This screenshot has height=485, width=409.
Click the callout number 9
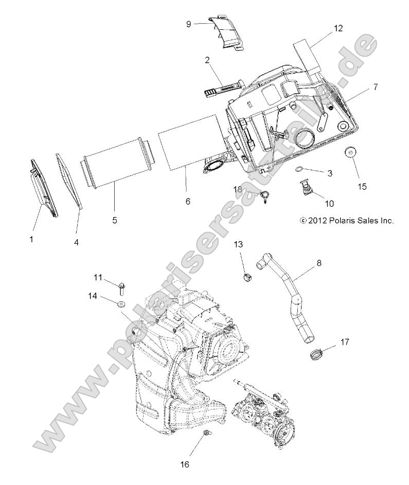(x=189, y=23)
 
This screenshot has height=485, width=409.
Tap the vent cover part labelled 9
(x=229, y=35)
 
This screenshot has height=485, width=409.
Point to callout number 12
(x=337, y=28)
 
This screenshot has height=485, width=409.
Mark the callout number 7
(x=376, y=87)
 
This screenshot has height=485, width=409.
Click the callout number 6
(x=173, y=201)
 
